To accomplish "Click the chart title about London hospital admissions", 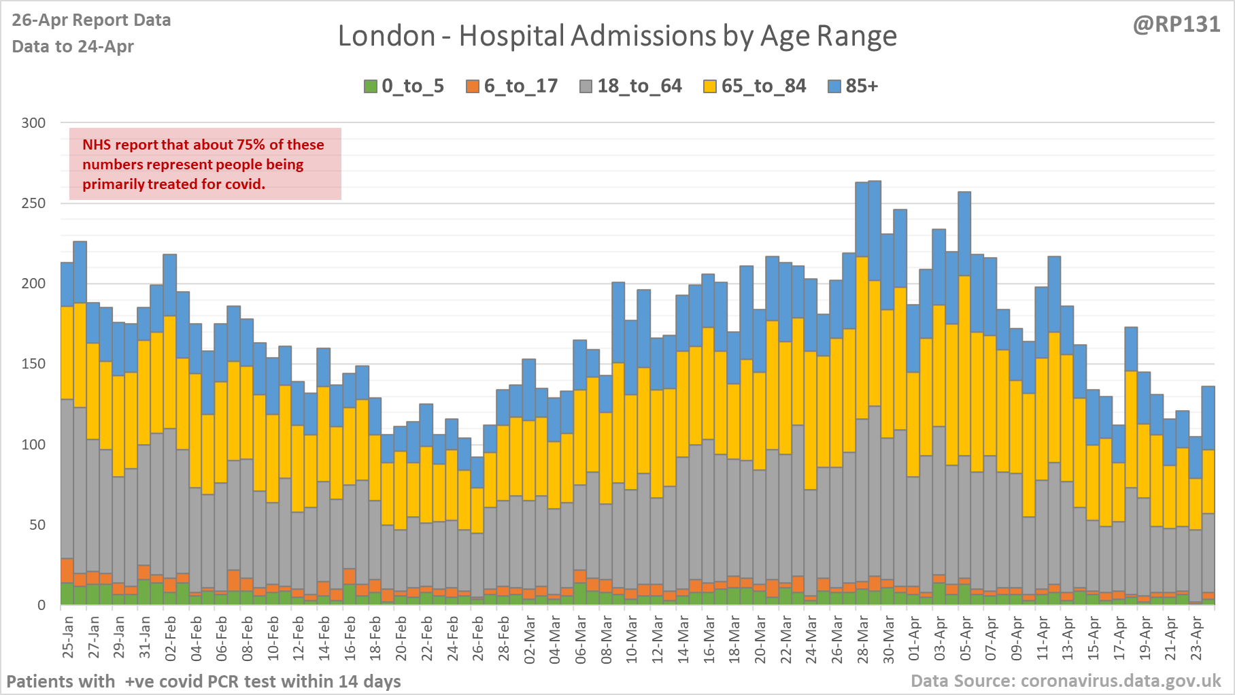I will click(617, 36).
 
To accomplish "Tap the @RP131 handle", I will click(1176, 24).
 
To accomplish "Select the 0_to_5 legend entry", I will click(404, 86).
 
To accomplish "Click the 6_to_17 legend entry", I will click(512, 86).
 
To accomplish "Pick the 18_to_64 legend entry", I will click(630, 86).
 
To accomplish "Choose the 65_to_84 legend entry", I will click(755, 86).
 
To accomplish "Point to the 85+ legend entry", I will click(853, 86).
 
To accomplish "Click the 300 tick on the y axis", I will click(33, 123).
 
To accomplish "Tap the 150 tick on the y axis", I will click(33, 364).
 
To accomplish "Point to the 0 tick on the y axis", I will click(41, 605).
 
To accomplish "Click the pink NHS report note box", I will click(205, 164).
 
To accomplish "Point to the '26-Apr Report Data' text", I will click(91, 20).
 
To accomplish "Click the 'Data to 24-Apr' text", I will click(73, 46).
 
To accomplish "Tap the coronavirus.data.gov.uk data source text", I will click(1066, 681).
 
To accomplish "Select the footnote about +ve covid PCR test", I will click(203, 681).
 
